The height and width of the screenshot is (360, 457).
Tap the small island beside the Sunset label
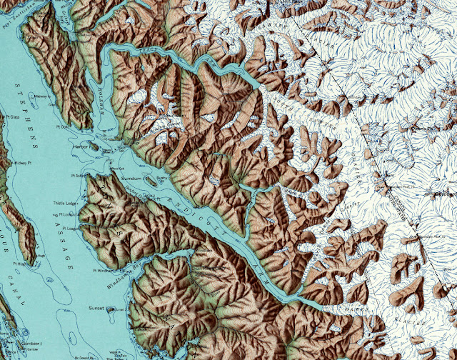(x=110, y=310)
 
